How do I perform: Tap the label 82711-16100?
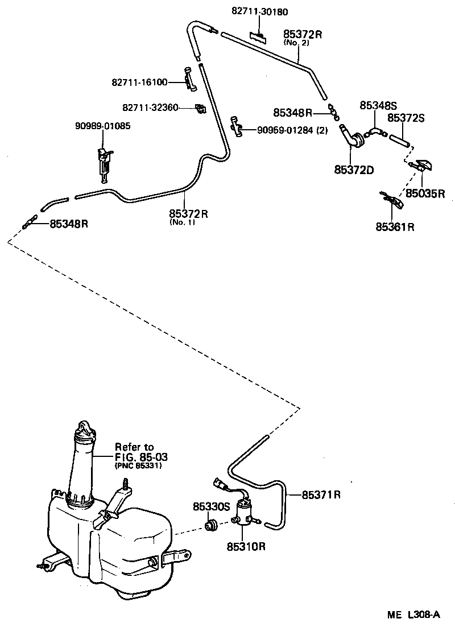(139, 83)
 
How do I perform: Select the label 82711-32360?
(150, 107)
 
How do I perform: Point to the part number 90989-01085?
(102, 126)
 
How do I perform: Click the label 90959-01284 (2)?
(293, 130)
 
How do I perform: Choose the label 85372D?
(354, 169)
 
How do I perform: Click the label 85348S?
(378, 105)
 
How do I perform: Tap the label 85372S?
(407, 118)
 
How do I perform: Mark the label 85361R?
(395, 227)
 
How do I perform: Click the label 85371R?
(321, 494)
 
